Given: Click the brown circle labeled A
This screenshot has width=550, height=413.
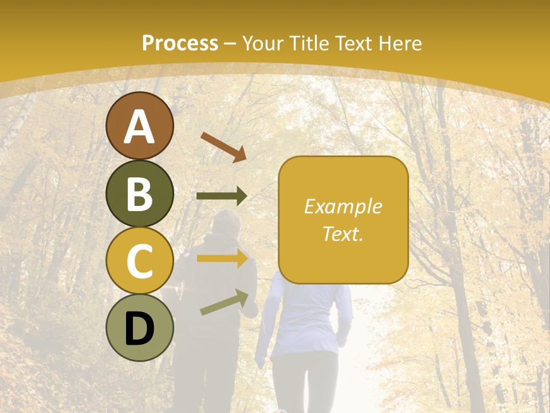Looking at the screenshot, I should [139, 126].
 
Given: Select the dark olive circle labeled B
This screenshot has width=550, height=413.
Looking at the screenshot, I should [139, 193].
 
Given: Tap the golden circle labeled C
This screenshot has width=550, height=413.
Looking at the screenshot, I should [139, 260].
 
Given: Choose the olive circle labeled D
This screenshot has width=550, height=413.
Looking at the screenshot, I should [139, 328].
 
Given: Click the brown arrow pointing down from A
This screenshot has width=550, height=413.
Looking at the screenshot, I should [223, 146].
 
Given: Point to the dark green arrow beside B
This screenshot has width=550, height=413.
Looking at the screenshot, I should [222, 196].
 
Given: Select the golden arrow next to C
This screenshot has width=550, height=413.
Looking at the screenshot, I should [222, 258].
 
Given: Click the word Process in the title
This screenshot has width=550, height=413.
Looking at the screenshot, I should [180, 43].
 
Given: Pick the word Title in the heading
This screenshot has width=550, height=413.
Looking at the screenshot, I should [309, 43].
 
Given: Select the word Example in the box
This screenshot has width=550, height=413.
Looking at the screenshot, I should [343, 206].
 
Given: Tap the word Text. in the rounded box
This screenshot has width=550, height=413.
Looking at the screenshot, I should [343, 233].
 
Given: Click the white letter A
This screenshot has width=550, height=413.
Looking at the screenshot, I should [139, 127].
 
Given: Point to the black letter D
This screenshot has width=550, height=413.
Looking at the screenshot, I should [139, 329].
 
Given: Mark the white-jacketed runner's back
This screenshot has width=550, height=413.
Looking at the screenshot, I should [307, 315].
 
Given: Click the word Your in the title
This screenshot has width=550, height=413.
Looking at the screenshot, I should [264, 43].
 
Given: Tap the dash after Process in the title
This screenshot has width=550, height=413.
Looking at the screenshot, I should [230, 44].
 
